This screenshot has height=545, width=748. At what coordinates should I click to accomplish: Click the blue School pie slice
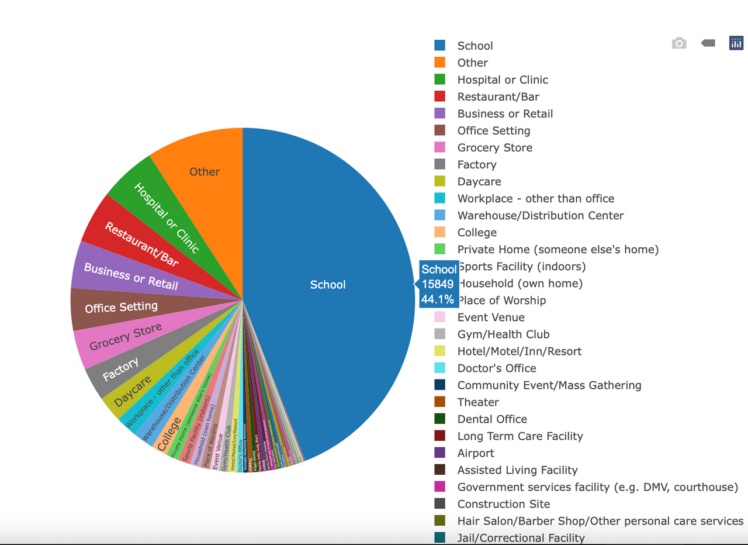[x=328, y=285]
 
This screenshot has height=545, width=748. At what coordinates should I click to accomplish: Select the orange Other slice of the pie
[x=205, y=171]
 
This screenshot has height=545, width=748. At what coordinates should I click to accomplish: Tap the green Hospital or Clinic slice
[x=166, y=216]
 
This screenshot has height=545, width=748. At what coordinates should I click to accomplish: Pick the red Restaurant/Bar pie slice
[x=141, y=244]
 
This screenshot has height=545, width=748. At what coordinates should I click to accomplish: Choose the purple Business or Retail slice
[x=130, y=276]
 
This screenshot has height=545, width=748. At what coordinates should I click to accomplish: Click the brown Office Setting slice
[x=121, y=307]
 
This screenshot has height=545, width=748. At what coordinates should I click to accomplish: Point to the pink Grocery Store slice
[x=125, y=337]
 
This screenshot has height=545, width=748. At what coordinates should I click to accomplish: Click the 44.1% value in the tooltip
[x=438, y=299]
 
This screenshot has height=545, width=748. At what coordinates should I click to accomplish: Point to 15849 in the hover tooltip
[x=438, y=284]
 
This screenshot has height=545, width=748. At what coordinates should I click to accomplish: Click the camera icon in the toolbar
[x=679, y=43]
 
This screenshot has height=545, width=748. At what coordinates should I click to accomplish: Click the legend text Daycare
[x=479, y=182]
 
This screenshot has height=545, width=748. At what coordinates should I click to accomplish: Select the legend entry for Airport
[x=476, y=453]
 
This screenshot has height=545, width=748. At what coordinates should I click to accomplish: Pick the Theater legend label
[x=478, y=402]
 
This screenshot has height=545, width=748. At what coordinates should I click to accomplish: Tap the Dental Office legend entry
[x=492, y=419]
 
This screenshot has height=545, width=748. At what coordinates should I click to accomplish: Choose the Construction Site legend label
[x=504, y=504]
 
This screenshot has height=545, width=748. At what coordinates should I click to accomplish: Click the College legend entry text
[x=477, y=233]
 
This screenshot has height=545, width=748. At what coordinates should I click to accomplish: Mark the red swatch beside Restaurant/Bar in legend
[x=440, y=96]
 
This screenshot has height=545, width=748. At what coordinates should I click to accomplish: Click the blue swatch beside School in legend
[x=440, y=46]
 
